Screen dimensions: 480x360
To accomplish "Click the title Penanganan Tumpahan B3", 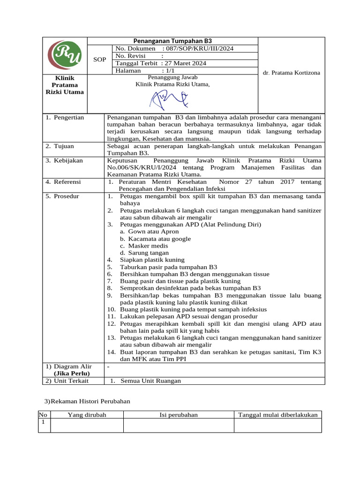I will pos(173,41).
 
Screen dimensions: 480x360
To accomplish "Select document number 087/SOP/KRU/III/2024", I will pos(197,48).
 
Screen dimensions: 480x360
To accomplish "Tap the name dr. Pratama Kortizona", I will pos(291,73).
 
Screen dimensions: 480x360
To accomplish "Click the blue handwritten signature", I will pos(168,98).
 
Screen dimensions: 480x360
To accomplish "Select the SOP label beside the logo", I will pos(100,60).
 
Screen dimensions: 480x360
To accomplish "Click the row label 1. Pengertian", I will pos(65,118).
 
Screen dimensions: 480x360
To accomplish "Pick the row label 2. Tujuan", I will pos(60,146).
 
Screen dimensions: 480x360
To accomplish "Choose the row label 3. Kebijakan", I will pos(64,160).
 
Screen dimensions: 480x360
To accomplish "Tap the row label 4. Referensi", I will pos(63,181).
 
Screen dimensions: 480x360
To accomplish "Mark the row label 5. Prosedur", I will pos(63,196).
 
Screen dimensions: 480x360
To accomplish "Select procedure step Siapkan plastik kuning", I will pos(152,260).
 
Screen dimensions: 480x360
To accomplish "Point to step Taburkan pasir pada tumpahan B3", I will pos(168,267).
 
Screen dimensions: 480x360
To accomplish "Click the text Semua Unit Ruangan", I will pos(150,381).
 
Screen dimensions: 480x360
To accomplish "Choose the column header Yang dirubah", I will pos(87,414).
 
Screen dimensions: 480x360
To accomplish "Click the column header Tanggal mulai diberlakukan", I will pos(278,414).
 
